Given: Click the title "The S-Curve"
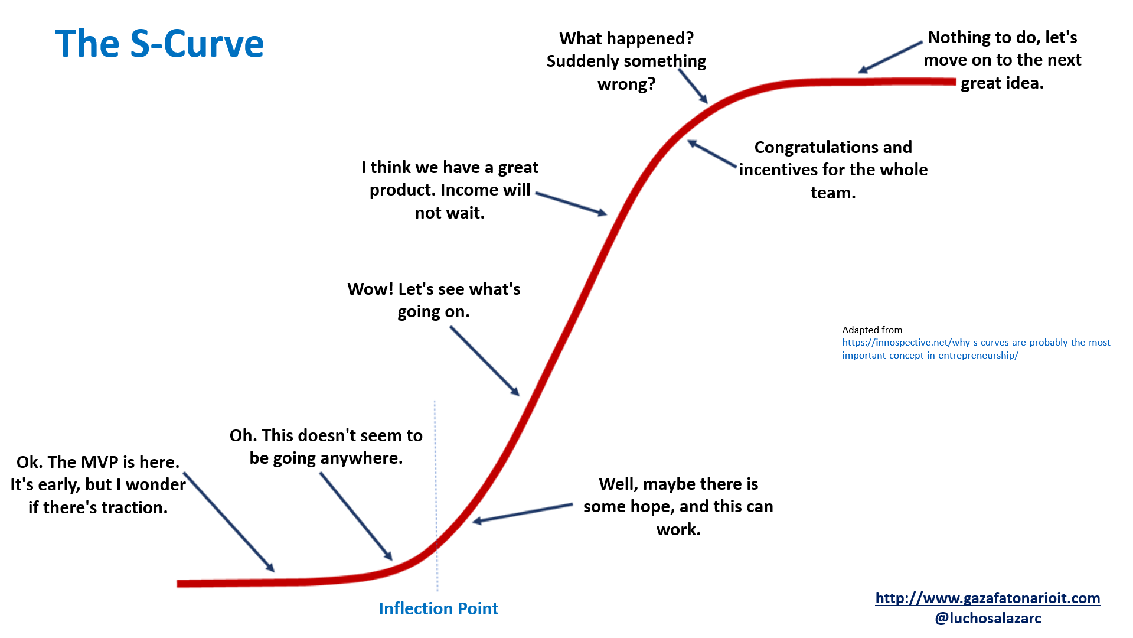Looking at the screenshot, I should [159, 44].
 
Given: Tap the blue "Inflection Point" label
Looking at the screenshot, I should [438, 608].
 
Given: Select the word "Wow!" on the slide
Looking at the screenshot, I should [370, 289].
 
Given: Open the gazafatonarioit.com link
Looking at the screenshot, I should [987, 598].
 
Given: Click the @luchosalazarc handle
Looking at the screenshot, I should [988, 619].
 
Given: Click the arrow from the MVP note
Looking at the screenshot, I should [229, 522].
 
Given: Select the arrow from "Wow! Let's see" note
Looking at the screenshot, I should [484, 360].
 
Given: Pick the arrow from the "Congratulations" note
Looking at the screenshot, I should [712, 154].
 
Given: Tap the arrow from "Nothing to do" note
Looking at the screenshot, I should [890, 57].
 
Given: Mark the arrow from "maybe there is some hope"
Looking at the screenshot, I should [523, 513].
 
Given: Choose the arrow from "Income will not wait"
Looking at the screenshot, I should [571, 203].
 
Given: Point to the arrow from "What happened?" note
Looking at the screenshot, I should [693, 86].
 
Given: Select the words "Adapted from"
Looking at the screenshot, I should [872, 330].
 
